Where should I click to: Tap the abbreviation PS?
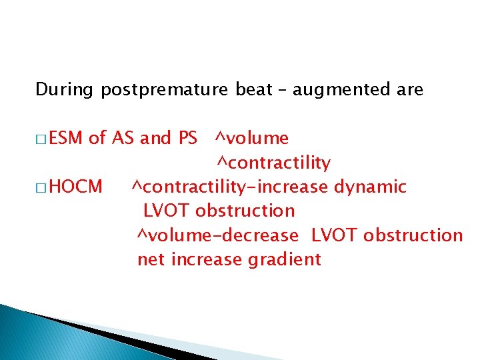[187, 138]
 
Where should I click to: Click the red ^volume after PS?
[251, 138]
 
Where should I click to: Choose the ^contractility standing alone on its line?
[273, 163]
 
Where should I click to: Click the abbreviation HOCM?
[76, 187]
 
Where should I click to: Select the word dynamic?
[370, 187]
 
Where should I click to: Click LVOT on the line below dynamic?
[167, 211]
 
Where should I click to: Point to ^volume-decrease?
[218, 235]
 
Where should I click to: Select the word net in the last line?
[152, 259]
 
